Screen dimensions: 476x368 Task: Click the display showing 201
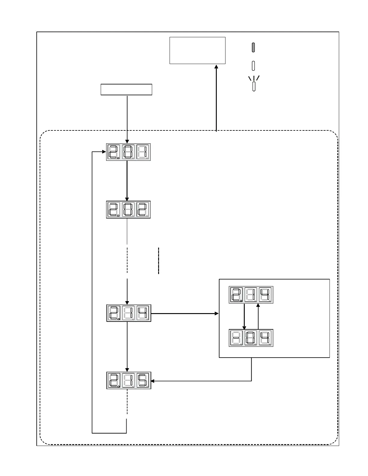pyautogui.click(x=128, y=152)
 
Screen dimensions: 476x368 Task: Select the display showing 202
pyautogui.click(x=128, y=209)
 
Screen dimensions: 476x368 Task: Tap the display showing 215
pyautogui.click(x=129, y=380)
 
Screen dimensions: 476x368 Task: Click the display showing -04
pyautogui.click(x=251, y=338)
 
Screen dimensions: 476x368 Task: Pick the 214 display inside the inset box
pyautogui.click(x=251, y=295)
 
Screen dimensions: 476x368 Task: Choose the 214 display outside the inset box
pyautogui.click(x=129, y=313)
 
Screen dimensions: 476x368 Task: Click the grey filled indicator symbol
pyautogui.click(x=253, y=47)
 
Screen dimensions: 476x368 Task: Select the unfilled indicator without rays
pyautogui.click(x=253, y=66)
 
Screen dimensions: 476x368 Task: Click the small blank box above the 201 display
pyautogui.click(x=126, y=90)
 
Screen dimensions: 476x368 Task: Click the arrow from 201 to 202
pyautogui.click(x=127, y=180)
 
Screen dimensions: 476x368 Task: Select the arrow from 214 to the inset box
pyautogui.click(x=185, y=313)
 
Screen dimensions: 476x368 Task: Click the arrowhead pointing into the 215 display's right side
pyautogui.click(x=152, y=381)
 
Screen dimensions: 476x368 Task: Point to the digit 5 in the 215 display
pyautogui.click(x=143, y=380)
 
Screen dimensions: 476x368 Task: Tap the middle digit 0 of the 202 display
pyautogui.click(x=128, y=209)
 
